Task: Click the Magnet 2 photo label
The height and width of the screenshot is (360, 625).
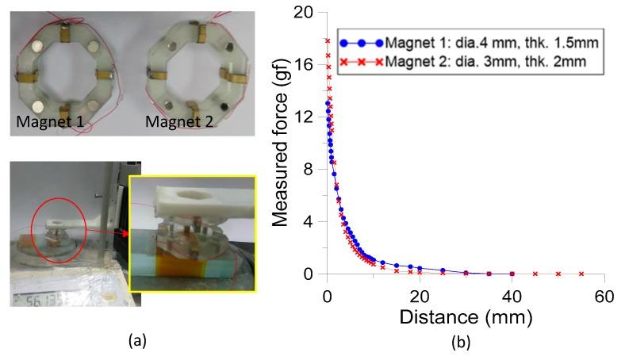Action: click(179, 124)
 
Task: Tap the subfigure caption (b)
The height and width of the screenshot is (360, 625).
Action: click(460, 343)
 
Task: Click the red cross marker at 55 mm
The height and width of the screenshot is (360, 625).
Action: click(581, 274)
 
